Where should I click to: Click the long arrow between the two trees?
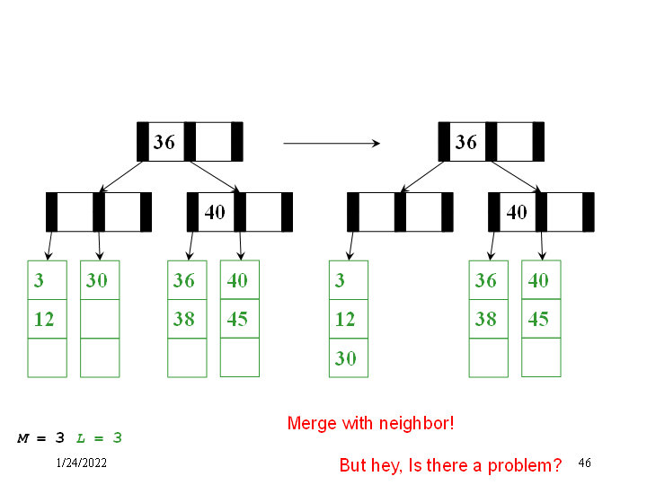click(331, 143)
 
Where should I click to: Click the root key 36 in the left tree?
click(164, 142)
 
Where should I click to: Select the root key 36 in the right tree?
click(465, 142)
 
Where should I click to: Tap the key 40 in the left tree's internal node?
click(216, 212)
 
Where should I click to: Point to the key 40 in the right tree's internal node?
click(517, 212)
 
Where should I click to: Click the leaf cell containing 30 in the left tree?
click(99, 280)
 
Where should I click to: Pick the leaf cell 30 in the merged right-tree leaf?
click(348, 358)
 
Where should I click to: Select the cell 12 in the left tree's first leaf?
click(47, 319)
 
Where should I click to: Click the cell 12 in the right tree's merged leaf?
click(348, 319)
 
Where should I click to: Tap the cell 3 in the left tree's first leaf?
click(47, 280)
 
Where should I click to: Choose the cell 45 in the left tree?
click(239, 319)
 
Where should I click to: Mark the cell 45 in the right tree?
click(540, 319)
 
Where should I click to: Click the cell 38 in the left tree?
click(186, 319)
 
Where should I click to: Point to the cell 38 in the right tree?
click(488, 319)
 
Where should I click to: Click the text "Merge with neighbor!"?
click(370, 423)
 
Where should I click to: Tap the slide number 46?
click(584, 463)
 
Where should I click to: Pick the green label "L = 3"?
click(99, 438)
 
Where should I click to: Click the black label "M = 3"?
click(41, 438)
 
